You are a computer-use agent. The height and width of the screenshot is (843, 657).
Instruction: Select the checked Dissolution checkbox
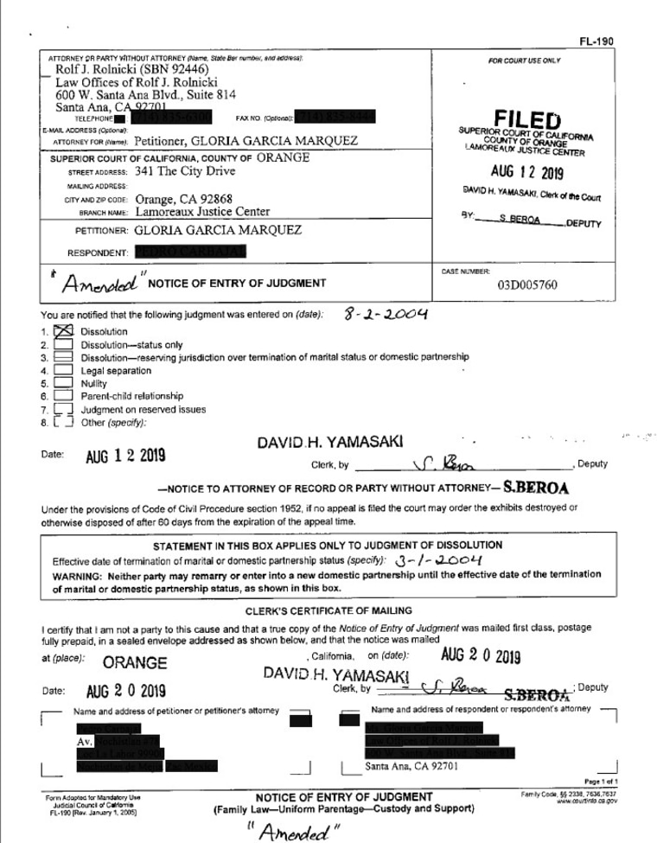63,331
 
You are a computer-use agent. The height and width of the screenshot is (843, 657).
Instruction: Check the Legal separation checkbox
63,370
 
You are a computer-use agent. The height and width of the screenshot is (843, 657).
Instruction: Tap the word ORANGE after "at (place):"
134,664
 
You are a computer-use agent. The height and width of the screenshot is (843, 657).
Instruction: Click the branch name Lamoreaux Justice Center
202,211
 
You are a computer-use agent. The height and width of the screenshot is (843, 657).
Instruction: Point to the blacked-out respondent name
190,252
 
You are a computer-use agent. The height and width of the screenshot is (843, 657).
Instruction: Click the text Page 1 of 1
609,779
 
